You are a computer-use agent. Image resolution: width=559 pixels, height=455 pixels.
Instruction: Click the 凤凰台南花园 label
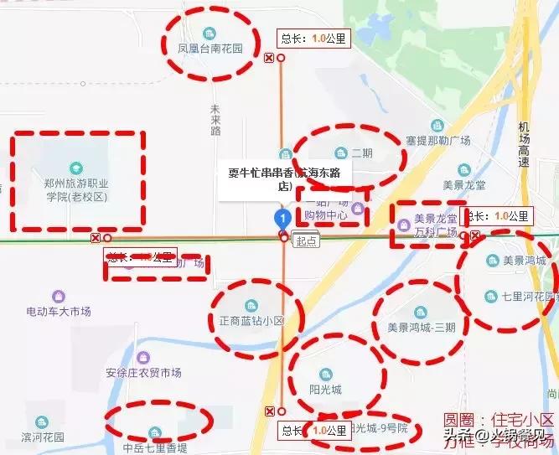point(210,49)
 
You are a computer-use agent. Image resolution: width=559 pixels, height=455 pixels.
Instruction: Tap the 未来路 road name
point(215,121)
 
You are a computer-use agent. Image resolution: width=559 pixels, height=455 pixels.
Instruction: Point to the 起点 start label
point(307,240)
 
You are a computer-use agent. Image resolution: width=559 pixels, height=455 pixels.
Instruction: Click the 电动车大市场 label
point(58,311)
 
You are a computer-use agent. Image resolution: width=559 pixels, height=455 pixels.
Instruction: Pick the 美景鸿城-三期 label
point(422,327)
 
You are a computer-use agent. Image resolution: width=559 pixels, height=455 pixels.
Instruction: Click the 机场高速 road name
point(525,144)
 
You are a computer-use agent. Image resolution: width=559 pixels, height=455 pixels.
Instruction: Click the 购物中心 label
point(325,215)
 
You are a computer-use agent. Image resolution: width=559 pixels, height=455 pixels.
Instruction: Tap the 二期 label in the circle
point(361,153)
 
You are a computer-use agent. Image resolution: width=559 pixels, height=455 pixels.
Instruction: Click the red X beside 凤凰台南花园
point(268,58)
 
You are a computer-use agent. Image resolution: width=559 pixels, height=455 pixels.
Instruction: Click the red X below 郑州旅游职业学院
point(96,238)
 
